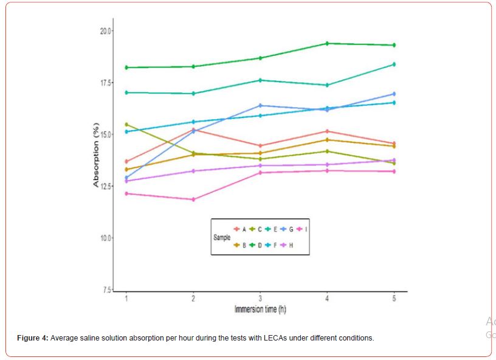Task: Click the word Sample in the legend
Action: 222,237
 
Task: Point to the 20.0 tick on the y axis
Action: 106,30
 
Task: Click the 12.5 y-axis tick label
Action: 106,186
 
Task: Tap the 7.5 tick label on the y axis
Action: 107,289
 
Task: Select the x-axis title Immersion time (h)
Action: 260,310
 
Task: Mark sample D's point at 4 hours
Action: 327,43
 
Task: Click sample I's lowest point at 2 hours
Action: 193,199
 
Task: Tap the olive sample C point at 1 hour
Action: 126,124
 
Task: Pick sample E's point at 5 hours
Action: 394,64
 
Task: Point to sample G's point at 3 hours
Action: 260,105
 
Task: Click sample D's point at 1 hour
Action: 126,67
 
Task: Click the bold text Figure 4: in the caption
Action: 33,337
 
